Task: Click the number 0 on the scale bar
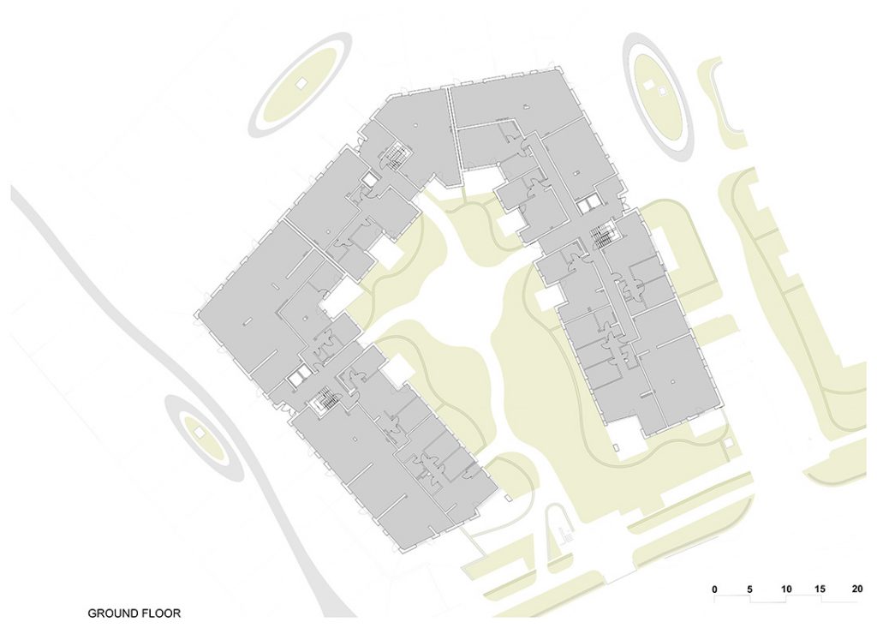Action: pyautogui.click(x=715, y=589)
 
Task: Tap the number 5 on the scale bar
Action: pyautogui.click(x=749, y=589)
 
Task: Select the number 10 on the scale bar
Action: pyautogui.click(x=786, y=589)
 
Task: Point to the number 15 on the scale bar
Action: pyautogui.click(x=820, y=589)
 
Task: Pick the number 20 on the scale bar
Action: pyautogui.click(x=857, y=589)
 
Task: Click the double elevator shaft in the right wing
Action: pyautogui.click(x=588, y=206)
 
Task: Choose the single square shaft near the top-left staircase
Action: pyautogui.click(x=369, y=180)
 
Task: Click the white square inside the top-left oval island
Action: pyautogui.click(x=301, y=84)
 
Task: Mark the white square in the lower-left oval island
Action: pyautogui.click(x=199, y=433)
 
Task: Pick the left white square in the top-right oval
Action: pyautogui.click(x=649, y=85)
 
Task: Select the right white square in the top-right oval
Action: pyautogui.click(x=662, y=91)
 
